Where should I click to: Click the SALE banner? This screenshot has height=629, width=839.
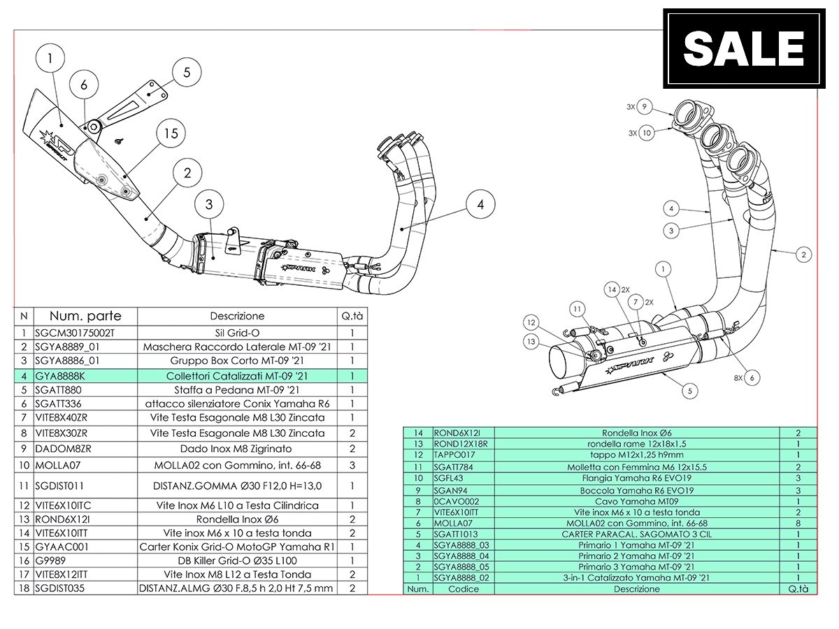pos(743,48)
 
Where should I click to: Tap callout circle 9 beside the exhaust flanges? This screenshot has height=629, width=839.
pos(645,107)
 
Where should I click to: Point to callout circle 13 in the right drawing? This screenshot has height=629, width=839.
pos(532,341)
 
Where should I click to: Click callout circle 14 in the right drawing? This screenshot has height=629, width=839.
pos(613,289)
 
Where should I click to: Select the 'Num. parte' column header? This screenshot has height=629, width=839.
pos(85,316)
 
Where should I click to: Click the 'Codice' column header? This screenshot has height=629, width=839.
pos(464,588)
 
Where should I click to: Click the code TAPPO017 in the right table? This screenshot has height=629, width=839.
pos(454,454)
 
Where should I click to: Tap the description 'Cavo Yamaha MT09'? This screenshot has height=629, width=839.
pos(636,501)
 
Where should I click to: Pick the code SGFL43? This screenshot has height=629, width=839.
pos(449,478)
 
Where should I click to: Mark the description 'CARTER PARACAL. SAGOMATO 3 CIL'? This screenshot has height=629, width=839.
pos(636,534)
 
